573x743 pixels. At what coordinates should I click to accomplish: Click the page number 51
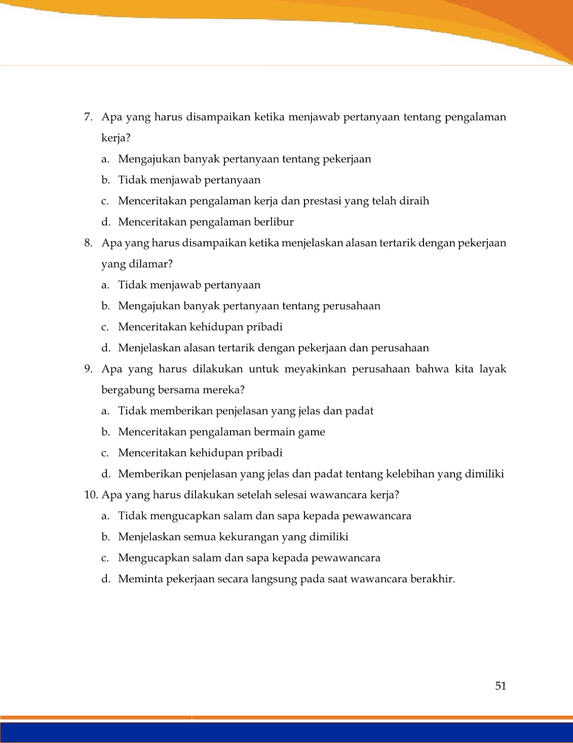click(501, 686)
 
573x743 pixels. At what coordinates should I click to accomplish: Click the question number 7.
click(88, 117)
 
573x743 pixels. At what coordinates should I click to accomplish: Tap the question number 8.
click(88, 243)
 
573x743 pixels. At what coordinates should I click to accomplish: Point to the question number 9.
click(88, 369)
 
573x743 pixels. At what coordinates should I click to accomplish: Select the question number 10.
click(91, 495)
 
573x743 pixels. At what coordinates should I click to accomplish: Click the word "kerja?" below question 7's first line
click(116, 138)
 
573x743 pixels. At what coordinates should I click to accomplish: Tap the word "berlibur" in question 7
click(274, 222)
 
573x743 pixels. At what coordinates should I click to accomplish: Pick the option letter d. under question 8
click(105, 348)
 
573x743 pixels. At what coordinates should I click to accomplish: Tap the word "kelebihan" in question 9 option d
click(410, 474)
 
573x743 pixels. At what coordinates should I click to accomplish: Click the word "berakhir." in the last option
click(433, 579)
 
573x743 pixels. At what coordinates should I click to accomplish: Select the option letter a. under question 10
click(105, 516)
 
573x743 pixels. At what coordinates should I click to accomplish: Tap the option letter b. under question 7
click(105, 180)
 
